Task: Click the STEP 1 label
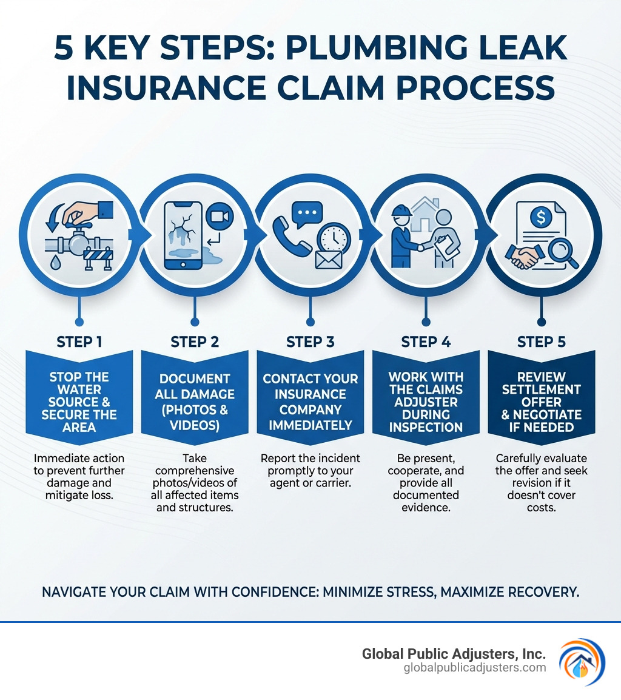(79, 342)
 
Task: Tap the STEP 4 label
(426, 342)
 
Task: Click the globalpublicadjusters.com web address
(475, 668)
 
